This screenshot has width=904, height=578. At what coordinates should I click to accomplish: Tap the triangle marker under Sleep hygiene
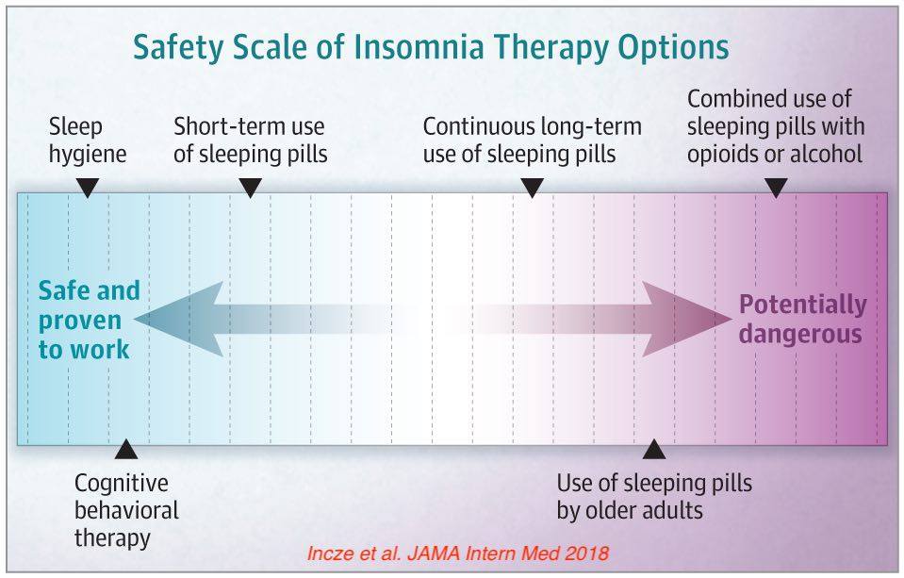coord(88,188)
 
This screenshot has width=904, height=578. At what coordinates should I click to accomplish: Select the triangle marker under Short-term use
coord(250,188)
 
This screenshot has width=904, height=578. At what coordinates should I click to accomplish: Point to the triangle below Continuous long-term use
coord(533,188)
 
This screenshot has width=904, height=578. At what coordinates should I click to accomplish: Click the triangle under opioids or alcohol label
coord(776,188)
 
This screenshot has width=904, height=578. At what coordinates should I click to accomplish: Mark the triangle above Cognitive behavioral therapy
coord(126,449)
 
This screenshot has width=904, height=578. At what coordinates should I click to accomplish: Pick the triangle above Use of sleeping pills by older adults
coord(654,449)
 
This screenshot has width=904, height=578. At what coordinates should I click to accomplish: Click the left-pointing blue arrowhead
coord(179,319)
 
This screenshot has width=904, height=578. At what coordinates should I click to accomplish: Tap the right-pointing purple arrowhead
coord(687,319)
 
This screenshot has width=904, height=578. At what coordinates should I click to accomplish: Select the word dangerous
coord(800,334)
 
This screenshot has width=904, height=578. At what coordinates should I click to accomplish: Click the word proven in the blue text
coord(79,322)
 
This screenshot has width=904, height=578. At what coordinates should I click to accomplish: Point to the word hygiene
coord(88,155)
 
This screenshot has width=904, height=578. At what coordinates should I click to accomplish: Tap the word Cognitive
coord(121,484)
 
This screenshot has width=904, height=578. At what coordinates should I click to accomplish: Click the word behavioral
coord(126,510)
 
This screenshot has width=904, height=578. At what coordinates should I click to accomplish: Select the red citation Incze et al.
coord(354,553)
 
